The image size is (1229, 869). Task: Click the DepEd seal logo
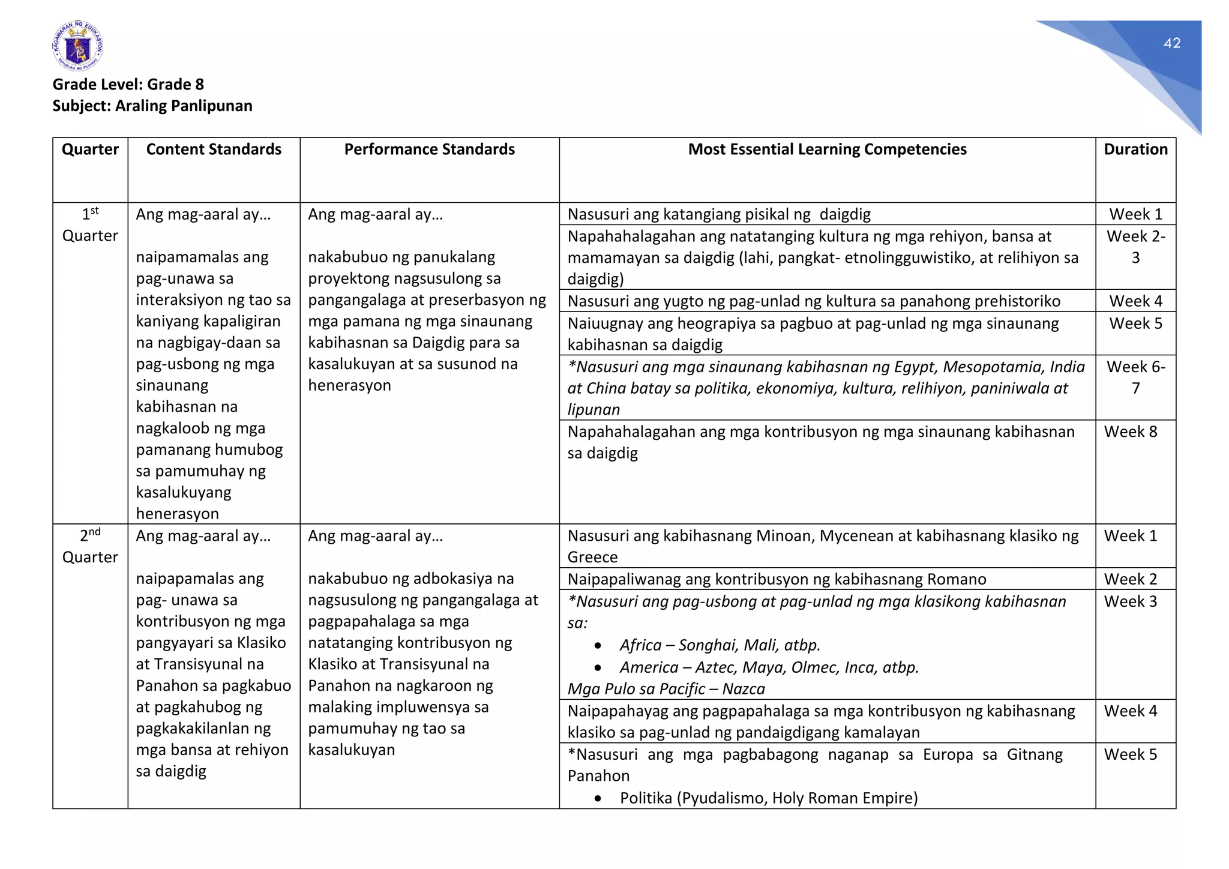(77, 46)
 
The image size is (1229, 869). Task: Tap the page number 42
(1171, 43)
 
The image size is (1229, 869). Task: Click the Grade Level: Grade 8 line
(128, 84)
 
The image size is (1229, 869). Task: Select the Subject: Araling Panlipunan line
(152, 106)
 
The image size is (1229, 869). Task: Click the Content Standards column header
(214, 149)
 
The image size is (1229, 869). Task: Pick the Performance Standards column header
(429, 149)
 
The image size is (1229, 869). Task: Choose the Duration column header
(1135, 149)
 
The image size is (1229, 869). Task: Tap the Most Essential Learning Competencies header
(827, 149)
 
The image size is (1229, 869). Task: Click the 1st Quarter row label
(90, 225)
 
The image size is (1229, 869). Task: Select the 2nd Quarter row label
(90, 546)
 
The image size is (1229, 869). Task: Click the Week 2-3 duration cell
(1135, 247)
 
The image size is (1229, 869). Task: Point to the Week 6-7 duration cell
(1135, 377)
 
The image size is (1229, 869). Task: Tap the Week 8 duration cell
(1130, 431)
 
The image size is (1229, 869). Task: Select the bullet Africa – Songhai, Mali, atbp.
(720, 645)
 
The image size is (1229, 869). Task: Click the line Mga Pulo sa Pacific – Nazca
(666, 689)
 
